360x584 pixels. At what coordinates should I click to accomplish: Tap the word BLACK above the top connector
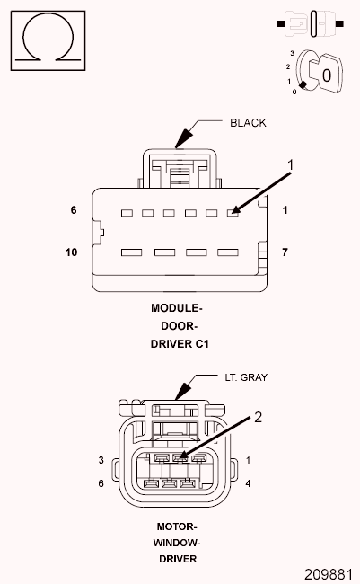[x=248, y=123]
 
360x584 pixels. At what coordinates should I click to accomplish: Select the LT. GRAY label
[x=246, y=377]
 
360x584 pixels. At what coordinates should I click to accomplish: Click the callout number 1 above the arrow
[x=291, y=164]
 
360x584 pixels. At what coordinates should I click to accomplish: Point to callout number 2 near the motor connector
[x=258, y=417]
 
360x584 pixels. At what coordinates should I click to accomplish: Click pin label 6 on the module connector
[x=74, y=210]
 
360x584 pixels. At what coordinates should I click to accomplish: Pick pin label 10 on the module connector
[x=72, y=252]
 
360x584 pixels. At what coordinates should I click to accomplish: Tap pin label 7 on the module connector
[x=285, y=252]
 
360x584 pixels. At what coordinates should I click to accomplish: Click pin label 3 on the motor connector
[x=101, y=460]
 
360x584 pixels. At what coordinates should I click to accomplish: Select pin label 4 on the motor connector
[x=249, y=483]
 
